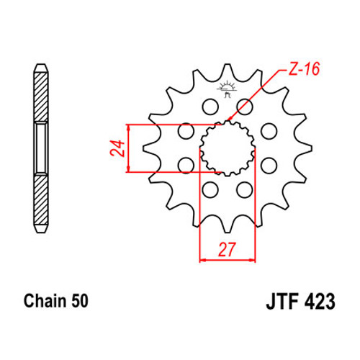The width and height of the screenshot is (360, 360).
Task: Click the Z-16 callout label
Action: (304, 69)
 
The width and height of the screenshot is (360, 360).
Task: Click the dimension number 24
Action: (117, 148)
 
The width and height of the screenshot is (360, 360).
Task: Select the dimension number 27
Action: (227, 250)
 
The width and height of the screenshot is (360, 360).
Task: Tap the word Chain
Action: (45, 301)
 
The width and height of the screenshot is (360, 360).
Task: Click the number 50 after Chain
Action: (79, 301)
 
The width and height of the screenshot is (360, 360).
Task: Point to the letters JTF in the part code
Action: (282, 302)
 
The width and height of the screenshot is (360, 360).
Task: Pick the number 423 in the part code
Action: (320, 302)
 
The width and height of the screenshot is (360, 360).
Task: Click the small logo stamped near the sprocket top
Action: (227, 89)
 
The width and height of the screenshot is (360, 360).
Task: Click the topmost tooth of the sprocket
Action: (227, 71)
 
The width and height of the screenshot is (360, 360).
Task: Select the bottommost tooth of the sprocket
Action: (227, 225)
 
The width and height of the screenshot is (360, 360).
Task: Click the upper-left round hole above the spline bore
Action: (210, 107)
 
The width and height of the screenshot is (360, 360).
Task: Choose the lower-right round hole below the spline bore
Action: (244, 189)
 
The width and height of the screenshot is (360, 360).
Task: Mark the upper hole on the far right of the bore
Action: (269, 131)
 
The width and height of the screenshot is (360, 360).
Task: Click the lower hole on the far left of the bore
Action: (186, 165)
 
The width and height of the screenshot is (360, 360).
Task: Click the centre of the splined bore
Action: (228, 148)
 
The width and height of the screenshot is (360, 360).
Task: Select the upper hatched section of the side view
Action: (41, 96)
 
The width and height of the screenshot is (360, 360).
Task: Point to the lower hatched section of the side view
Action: (41, 200)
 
